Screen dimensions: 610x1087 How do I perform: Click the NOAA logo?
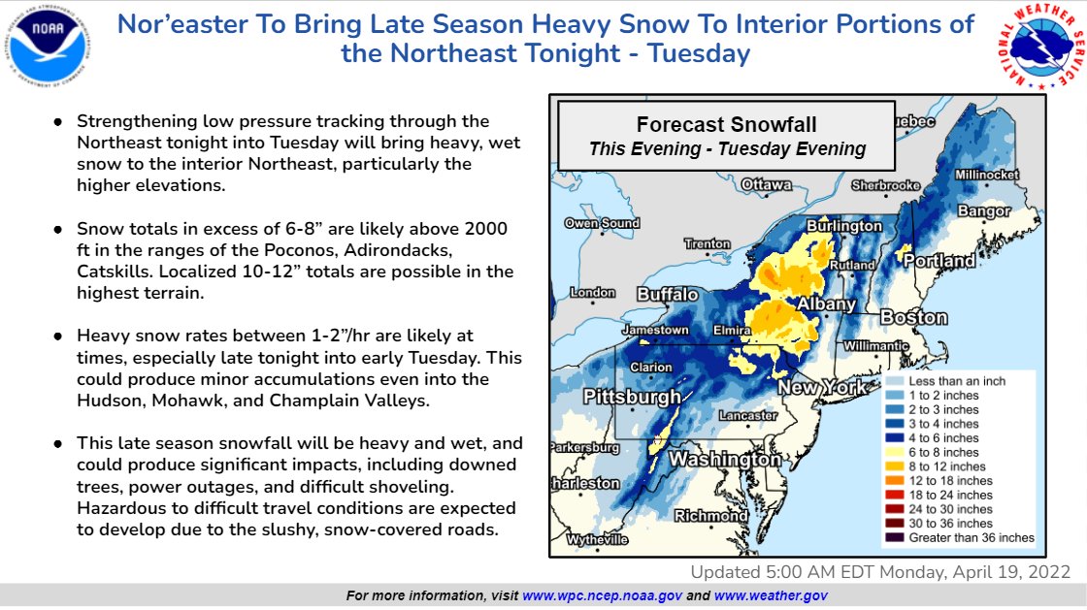pos(46,49)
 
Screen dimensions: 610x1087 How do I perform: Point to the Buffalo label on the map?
pos(667,294)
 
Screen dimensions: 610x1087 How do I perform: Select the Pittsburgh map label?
pos(632,398)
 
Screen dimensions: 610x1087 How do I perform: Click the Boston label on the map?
pos(913,317)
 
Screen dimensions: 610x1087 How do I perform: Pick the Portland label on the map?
pos(940,262)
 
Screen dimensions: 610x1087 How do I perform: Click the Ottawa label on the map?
pos(766,184)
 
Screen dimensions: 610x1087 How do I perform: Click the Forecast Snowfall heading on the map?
pos(726,124)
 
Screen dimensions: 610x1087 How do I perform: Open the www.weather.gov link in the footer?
pos(771,594)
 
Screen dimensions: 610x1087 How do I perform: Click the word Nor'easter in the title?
pos(184,24)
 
